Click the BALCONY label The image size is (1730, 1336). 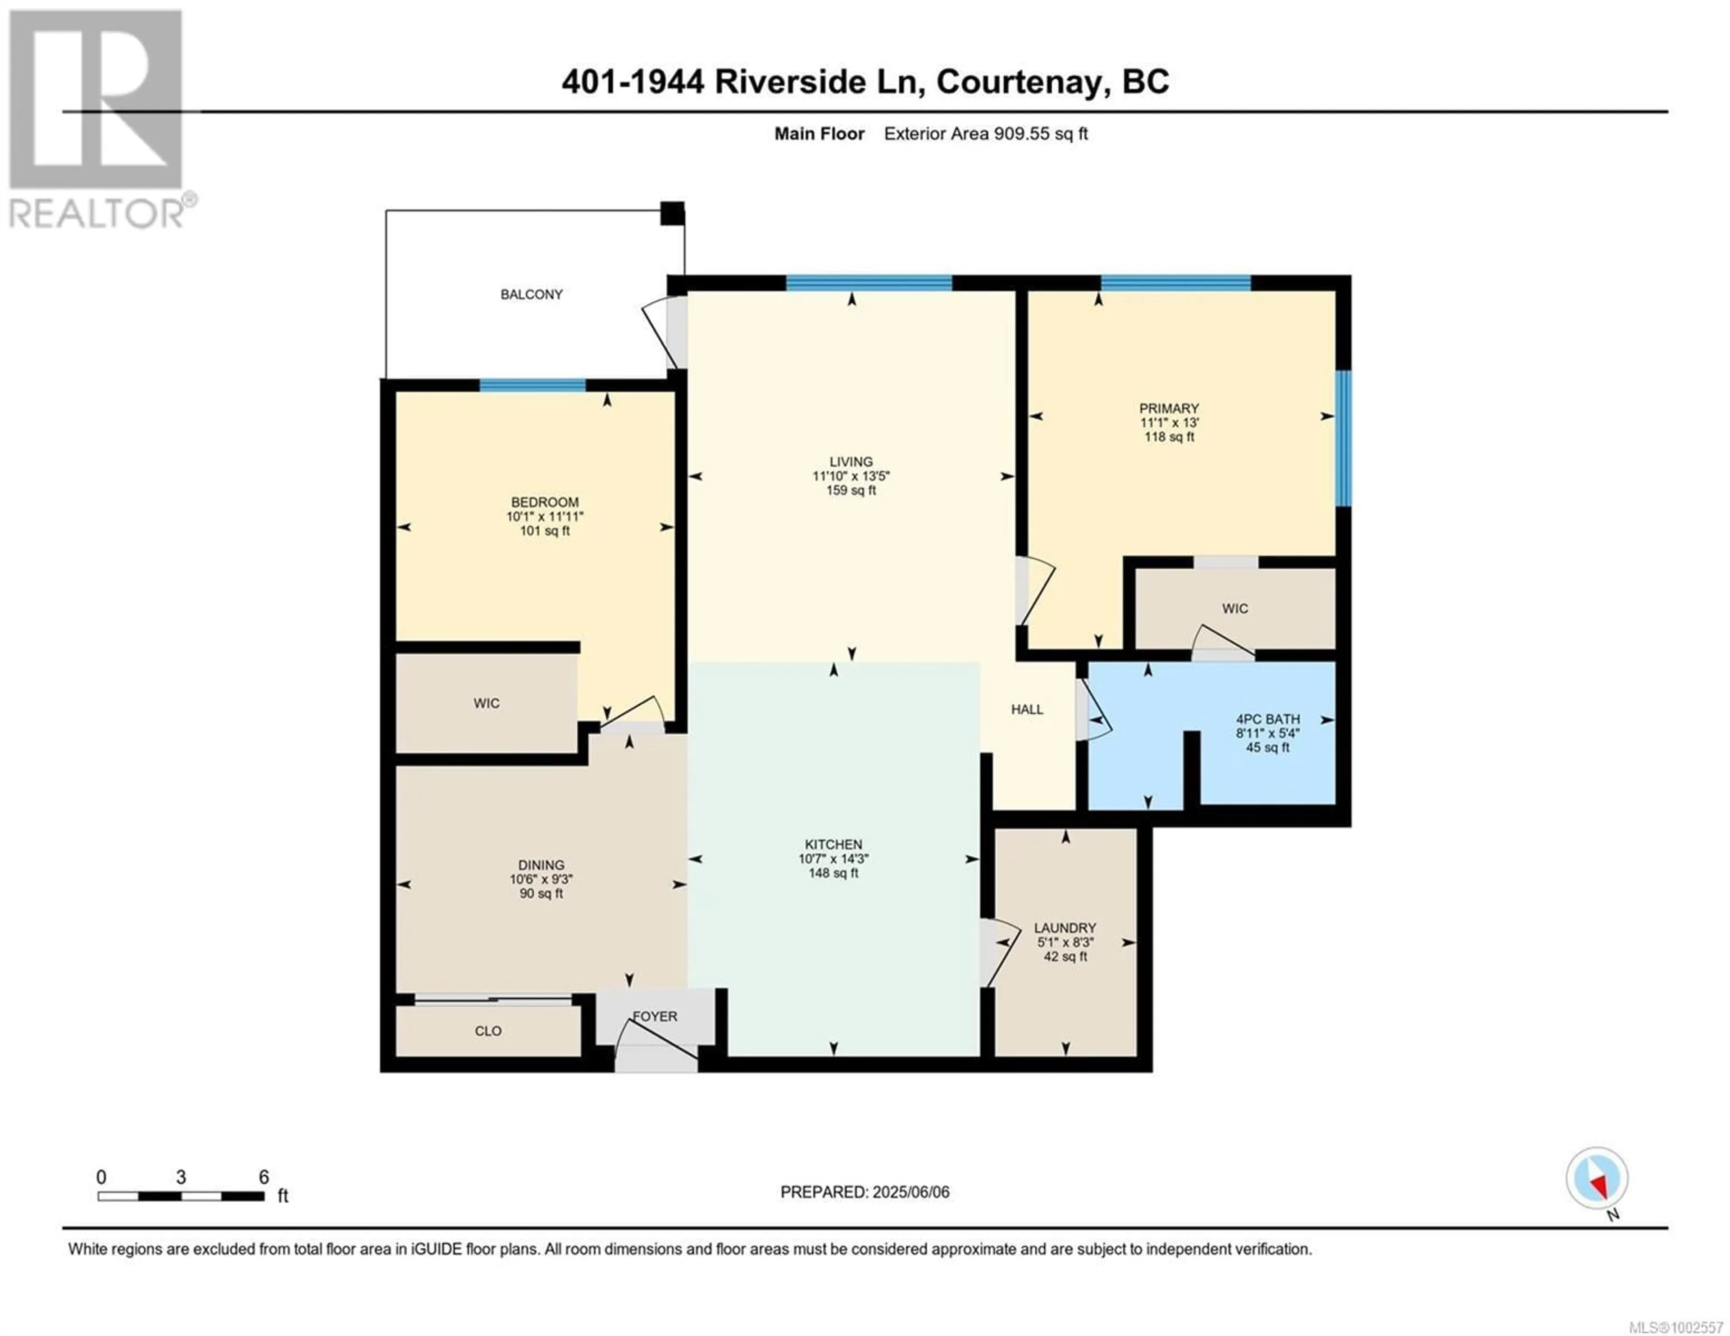[532, 294]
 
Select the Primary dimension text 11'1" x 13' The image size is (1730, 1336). [1169, 423]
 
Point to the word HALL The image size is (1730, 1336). [1027, 710]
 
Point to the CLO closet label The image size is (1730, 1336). [488, 1031]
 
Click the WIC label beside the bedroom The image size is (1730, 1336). [487, 703]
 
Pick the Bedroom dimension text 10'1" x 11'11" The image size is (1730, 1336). [545, 516]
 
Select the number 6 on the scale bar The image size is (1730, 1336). [264, 1177]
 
